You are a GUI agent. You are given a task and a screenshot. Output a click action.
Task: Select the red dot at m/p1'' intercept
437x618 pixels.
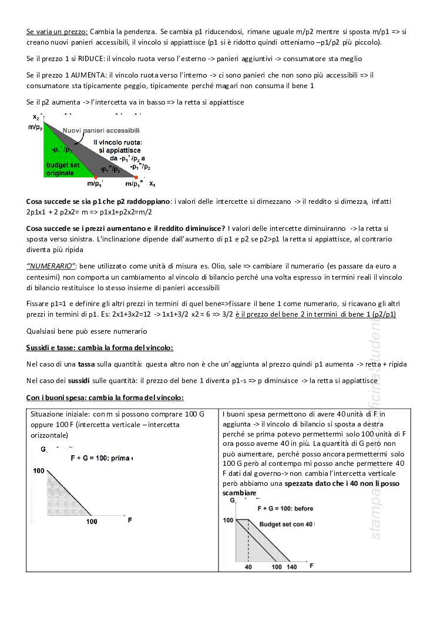tap(137, 177)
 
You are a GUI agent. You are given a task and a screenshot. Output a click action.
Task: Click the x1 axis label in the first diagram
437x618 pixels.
tap(152, 184)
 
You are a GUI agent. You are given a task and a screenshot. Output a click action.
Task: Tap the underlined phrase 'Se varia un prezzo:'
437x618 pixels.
tap(57, 31)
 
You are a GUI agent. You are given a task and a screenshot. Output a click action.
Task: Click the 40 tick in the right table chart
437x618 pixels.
tap(248, 566)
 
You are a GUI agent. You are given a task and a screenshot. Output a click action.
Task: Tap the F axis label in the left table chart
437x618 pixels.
tap(129, 520)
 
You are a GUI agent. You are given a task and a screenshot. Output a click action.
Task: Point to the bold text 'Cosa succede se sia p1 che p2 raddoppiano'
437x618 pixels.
tap(98, 201)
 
